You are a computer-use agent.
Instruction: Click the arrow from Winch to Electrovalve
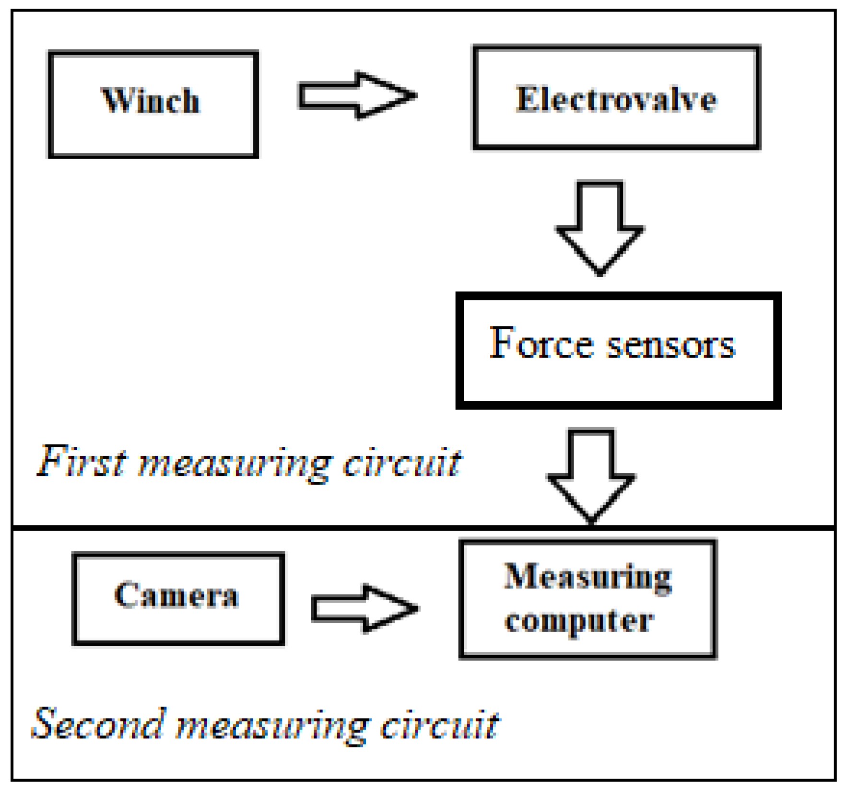pos(357,95)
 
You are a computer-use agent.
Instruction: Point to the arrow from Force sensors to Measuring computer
pos(591,475)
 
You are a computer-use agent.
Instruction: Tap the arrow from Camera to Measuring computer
pos(364,608)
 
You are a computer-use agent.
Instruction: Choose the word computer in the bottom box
pos(579,621)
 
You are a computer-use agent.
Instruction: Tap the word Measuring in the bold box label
pos(587,577)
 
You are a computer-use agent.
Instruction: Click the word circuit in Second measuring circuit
pos(439,725)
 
